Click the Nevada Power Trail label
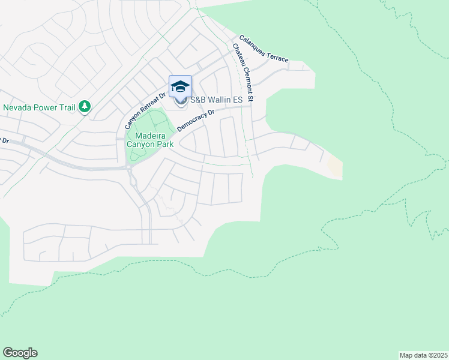pyautogui.click(x=39, y=107)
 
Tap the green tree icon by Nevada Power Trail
pyautogui.click(x=85, y=107)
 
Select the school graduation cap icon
pyautogui.click(x=180, y=86)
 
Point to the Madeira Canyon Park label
pyautogui.click(x=150, y=140)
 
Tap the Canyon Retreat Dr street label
pyautogui.click(x=144, y=110)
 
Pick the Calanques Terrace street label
pyautogui.click(x=264, y=49)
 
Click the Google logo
pyautogui.click(x=20, y=353)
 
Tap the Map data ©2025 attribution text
pyautogui.click(x=423, y=355)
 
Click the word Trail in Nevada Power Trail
pyautogui.click(x=65, y=107)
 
